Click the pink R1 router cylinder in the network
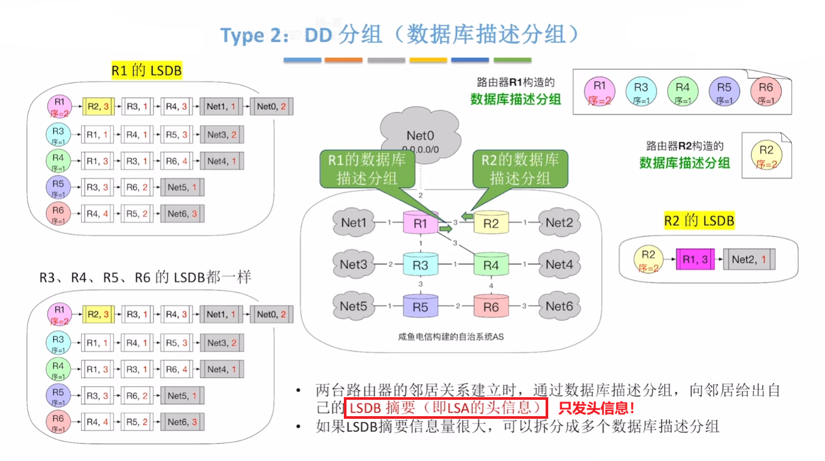click(x=420, y=223)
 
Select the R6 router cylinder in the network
click(x=491, y=307)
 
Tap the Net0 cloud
click(x=420, y=135)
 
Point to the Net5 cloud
click(x=353, y=306)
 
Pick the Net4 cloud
click(x=559, y=264)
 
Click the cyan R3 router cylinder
click(x=420, y=265)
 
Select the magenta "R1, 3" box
click(x=695, y=259)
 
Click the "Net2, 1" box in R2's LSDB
click(x=748, y=259)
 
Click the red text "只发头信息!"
click(x=596, y=408)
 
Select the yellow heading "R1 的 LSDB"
click(x=146, y=70)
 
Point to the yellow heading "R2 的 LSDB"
click(x=699, y=220)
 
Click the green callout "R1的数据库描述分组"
click(x=367, y=169)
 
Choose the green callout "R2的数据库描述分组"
click(x=520, y=169)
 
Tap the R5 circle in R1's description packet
click(x=724, y=91)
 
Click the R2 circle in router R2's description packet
click(x=766, y=155)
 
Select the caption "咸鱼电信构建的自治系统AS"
click(x=451, y=337)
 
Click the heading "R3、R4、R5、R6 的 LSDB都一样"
click(x=145, y=277)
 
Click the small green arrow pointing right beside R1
click(x=446, y=229)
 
